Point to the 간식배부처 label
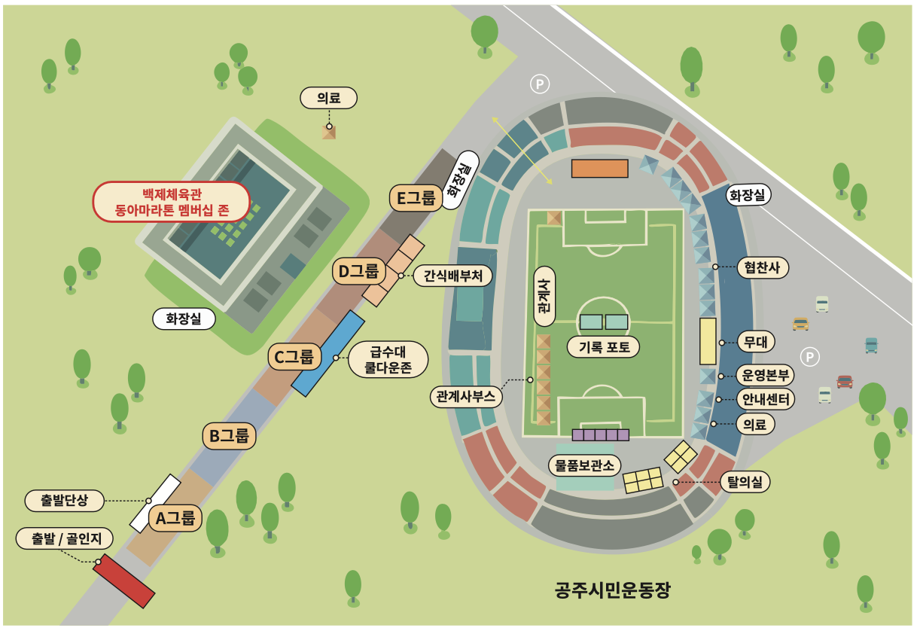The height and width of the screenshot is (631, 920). [452, 276]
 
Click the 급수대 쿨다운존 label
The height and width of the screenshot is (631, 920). [388, 359]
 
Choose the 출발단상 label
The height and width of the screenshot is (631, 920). [63, 500]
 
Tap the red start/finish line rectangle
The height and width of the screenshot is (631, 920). [124, 580]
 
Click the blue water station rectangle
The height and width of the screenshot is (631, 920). [327, 353]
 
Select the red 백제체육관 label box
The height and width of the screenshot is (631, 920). [171, 201]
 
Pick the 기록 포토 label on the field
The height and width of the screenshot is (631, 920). [604, 346]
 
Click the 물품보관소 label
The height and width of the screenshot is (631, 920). [585, 465]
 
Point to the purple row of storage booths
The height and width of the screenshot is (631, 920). [600, 434]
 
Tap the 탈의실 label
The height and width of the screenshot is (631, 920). [745, 481]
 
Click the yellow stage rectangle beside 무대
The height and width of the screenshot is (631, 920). [708, 341]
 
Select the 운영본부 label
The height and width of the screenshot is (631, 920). [765, 375]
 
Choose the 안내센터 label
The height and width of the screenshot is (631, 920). [765, 399]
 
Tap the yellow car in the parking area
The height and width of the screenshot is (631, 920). [800, 324]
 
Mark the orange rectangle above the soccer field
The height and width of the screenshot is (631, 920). [599, 169]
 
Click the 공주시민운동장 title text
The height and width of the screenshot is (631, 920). [612, 589]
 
